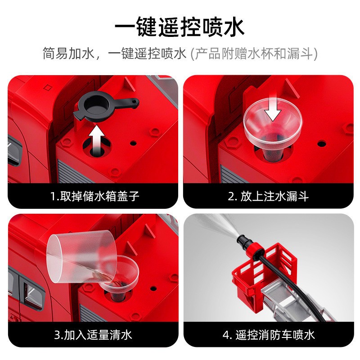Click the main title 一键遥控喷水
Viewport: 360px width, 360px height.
click(179, 27)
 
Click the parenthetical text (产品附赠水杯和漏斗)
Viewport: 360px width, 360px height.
click(254, 54)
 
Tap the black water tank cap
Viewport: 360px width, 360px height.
click(103, 108)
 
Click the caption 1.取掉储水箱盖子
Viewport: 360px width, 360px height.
click(94, 196)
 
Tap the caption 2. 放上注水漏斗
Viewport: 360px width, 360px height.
click(268, 196)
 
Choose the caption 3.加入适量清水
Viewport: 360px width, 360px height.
click(93, 335)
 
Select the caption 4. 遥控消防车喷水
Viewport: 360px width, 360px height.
click(269, 335)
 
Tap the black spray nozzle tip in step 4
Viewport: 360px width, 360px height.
click(242, 240)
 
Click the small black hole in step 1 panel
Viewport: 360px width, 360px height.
click(133, 143)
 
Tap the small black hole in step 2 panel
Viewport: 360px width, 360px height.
click(321, 144)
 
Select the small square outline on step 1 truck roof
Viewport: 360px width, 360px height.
click(48, 88)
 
